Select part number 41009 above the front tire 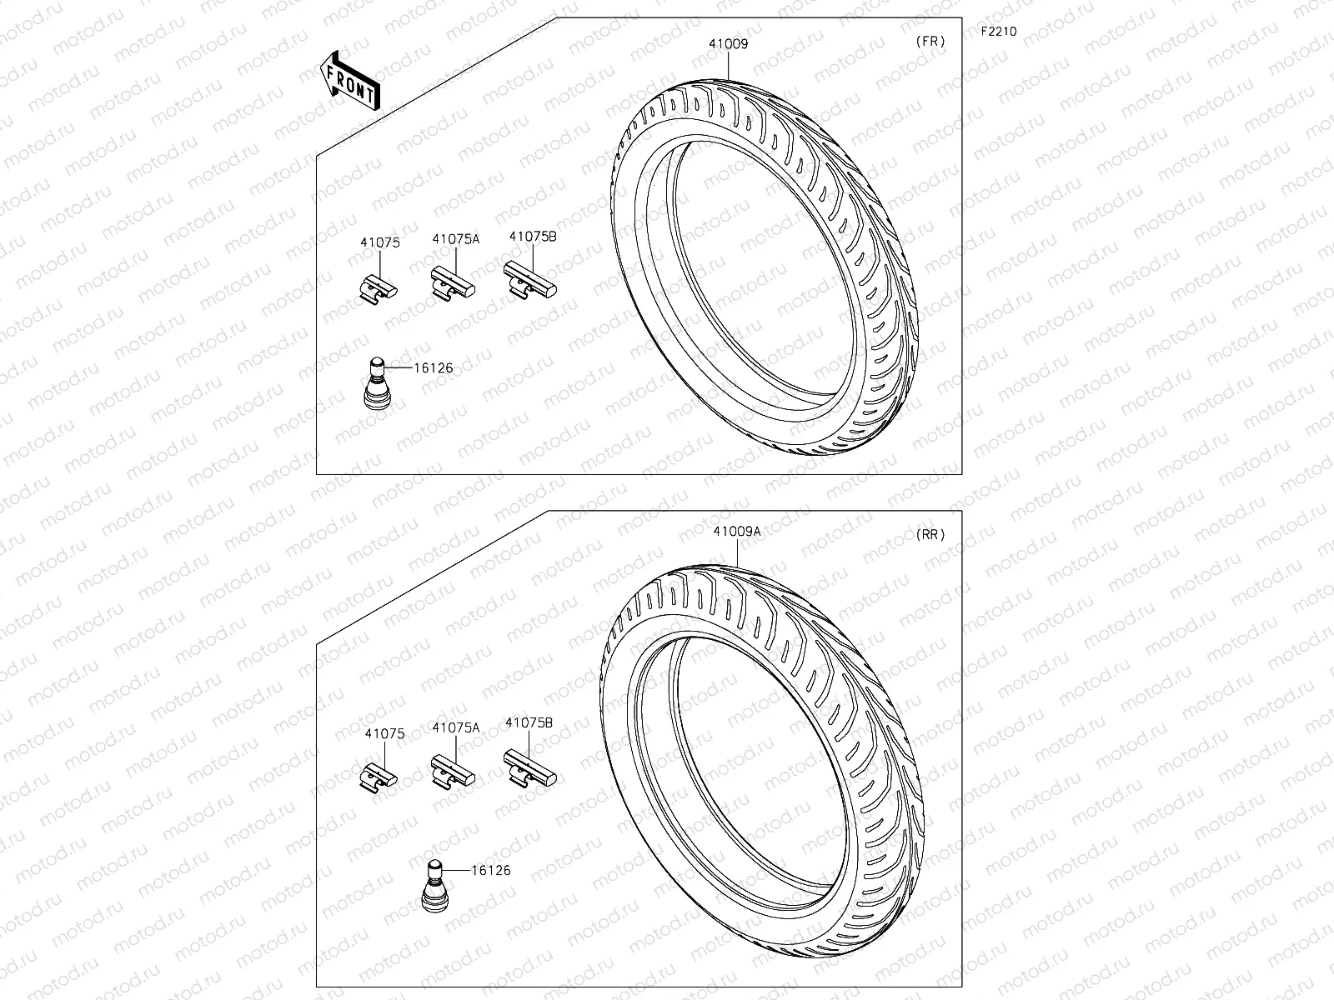click(729, 44)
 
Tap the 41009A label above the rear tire click(736, 532)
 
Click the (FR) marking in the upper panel click(930, 42)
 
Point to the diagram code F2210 click(998, 32)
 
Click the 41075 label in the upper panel click(380, 243)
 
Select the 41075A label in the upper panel click(456, 239)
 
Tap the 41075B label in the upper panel click(532, 237)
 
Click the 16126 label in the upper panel click(433, 366)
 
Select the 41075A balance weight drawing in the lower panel click(453, 772)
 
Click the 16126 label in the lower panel click(490, 870)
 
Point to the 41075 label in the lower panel click(384, 734)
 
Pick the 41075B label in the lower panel click(529, 723)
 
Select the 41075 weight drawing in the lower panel click(379, 776)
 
